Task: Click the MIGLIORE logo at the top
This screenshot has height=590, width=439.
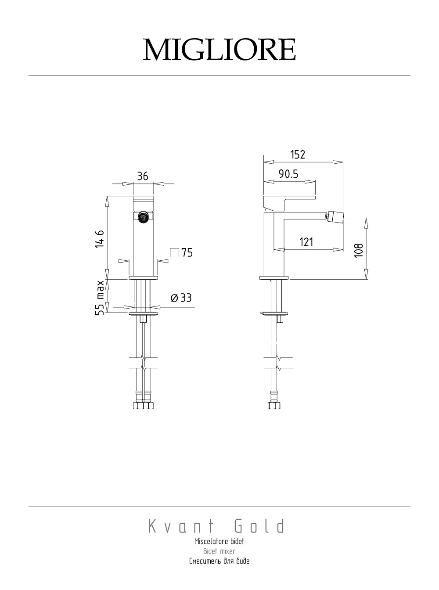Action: [x=219, y=50]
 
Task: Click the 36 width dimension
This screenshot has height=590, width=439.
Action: [x=143, y=176]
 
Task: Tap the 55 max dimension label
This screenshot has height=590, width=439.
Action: [x=100, y=298]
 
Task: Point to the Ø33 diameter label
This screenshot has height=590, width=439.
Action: [x=181, y=298]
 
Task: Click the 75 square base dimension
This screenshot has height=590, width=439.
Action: [x=187, y=253]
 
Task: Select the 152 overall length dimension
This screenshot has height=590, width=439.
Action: [x=298, y=155]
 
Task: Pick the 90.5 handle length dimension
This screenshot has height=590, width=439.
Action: [x=288, y=174]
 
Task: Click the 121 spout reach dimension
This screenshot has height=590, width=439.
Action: [x=306, y=242]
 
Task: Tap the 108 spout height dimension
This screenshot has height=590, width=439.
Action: [x=359, y=250]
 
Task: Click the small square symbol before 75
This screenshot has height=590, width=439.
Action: [x=175, y=252]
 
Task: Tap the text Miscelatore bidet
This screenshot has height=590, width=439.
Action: [x=219, y=541]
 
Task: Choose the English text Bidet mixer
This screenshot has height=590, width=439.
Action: [x=219, y=551]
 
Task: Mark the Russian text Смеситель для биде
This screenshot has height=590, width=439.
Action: [x=219, y=561]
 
